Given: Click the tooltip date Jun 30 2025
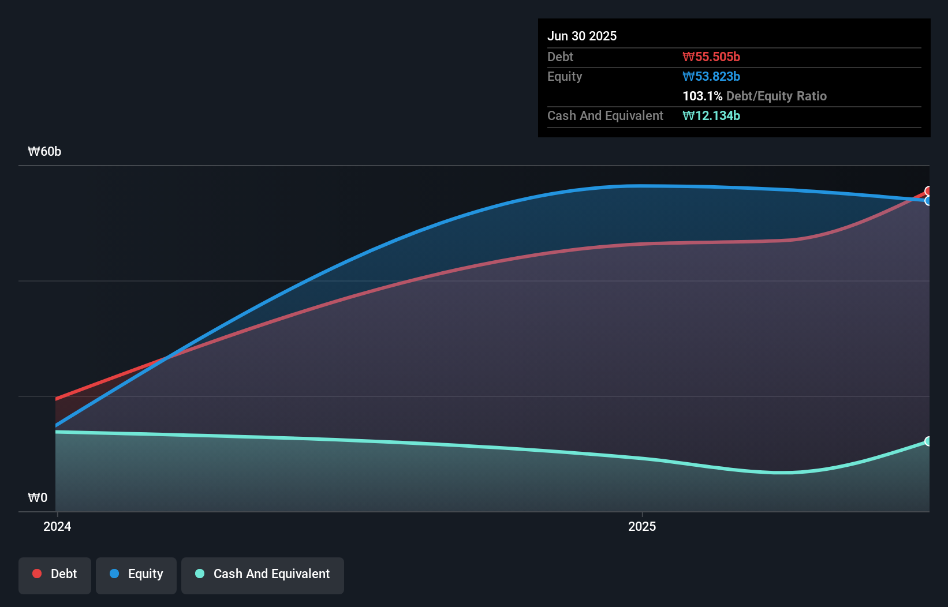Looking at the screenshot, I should coord(582,36).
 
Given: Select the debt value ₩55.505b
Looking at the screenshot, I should coord(711,57).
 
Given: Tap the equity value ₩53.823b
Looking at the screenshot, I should coord(711,76).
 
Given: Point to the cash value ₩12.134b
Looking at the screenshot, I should coord(711,115).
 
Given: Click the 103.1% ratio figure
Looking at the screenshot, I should coord(702,96).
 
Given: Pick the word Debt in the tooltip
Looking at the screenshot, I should coord(560,57).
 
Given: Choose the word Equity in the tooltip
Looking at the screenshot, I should coord(565,76).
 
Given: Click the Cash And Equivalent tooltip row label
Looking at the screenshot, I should coord(605,115).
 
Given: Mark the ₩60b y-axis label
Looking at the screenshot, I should coord(44,151).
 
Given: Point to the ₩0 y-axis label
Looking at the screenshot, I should coord(38,497).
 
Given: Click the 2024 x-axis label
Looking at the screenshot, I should coord(57,526).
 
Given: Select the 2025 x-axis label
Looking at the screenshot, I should coord(642,526).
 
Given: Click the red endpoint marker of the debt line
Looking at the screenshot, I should coord(928,191).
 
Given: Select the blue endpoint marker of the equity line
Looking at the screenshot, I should coord(928,201).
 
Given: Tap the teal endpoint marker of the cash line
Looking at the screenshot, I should coord(928,441).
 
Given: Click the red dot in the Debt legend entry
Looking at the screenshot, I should coord(37,574).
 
